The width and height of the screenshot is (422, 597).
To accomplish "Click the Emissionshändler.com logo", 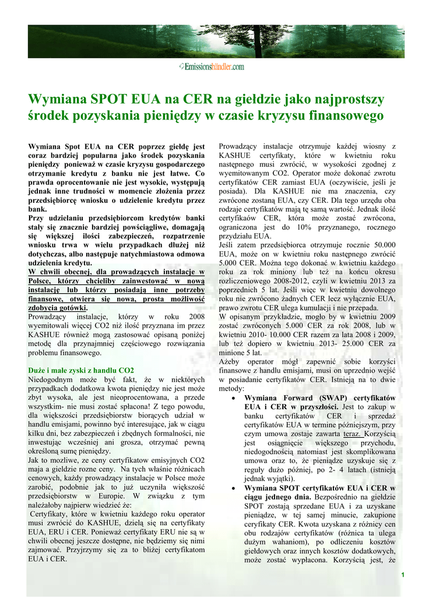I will pos(212,68).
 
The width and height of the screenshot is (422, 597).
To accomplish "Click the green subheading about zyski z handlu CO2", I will pos(81,370).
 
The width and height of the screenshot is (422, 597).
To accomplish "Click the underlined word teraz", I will pos(352,434).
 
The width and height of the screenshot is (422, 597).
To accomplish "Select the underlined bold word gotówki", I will pos(71,308).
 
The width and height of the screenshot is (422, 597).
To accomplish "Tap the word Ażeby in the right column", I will pos(231,361).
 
